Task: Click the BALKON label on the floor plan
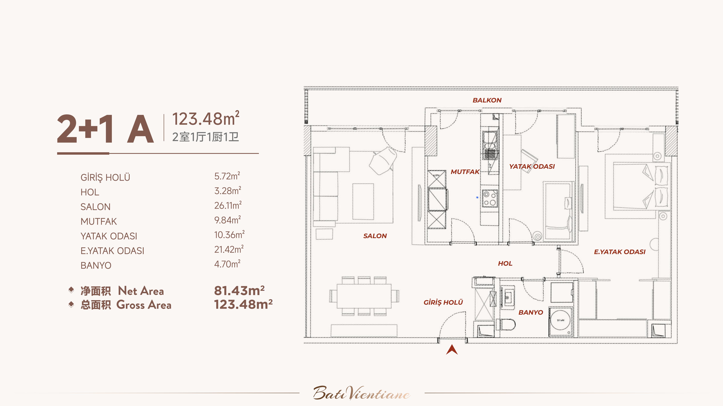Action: pyautogui.click(x=487, y=100)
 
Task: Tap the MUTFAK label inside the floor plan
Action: pyautogui.click(x=465, y=172)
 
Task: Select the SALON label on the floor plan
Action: pyautogui.click(x=375, y=236)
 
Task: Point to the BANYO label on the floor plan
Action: pyautogui.click(x=530, y=312)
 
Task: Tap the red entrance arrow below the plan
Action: pyautogui.click(x=452, y=349)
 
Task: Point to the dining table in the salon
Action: pyautogui.click(x=364, y=296)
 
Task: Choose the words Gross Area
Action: pyautogui.click(x=144, y=305)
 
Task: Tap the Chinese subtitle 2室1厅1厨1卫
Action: pyautogui.click(x=205, y=137)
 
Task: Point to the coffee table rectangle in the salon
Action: pyautogui.click(x=363, y=201)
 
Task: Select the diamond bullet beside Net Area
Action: pyautogui.click(x=71, y=290)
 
